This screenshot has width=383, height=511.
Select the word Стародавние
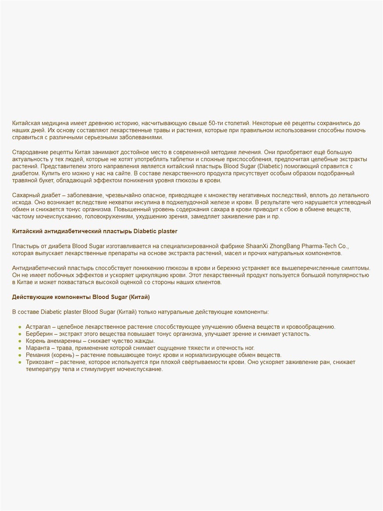pyautogui.click(x=30, y=152)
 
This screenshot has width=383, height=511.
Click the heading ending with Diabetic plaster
pyautogui.click(x=95, y=231)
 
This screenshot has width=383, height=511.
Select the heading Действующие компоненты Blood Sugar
pyautogui.click(x=81, y=296)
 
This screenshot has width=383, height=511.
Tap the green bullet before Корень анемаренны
pyautogui.click(x=20, y=341)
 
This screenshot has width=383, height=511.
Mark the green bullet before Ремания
pyautogui.click(x=20, y=355)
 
